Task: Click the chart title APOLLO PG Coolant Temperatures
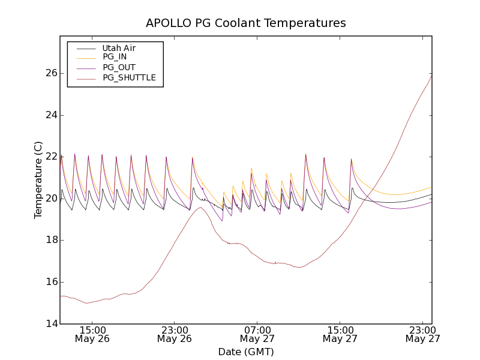pyautogui.click(x=246, y=23)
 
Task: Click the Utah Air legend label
pyautogui.click(x=119, y=48)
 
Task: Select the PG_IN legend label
pyautogui.click(x=115, y=57)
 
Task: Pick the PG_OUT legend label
pyautogui.click(x=119, y=67)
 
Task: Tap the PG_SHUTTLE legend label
pyautogui.click(x=129, y=77)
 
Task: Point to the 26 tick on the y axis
pyautogui.click(x=51, y=73)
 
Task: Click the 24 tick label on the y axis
pyautogui.click(x=51, y=115)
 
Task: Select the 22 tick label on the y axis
pyautogui.click(x=51, y=157)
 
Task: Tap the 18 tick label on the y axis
pyautogui.click(x=51, y=240)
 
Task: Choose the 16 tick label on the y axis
pyautogui.click(x=51, y=282)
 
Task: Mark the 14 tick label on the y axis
pyautogui.click(x=51, y=324)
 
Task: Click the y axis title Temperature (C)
pyautogui.click(x=38, y=180)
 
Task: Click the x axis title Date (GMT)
pyautogui.click(x=246, y=352)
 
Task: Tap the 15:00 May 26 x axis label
pyautogui.click(x=92, y=334)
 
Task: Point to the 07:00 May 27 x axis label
pyautogui.click(x=257, y=334)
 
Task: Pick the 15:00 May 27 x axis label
pyautogui.click(x=340, y=334)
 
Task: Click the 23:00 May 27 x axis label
pyautogui.click(x=422, y=334)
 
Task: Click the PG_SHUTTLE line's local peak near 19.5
pyautogui.click(x=200, y=208)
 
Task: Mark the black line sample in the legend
pyautogui.click(x=85, y=48)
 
